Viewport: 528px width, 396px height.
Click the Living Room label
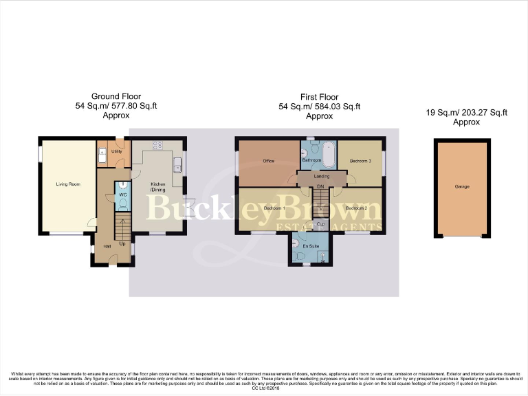67,184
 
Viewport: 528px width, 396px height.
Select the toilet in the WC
122,186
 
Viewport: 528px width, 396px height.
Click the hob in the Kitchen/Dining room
156,145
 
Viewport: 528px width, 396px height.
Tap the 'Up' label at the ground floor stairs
122,243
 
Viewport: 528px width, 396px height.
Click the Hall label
107,246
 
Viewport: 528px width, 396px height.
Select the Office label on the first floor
269,161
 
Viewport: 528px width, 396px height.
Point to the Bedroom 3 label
360,161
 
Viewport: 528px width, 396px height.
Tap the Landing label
322,177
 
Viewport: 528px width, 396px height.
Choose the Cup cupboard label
321,224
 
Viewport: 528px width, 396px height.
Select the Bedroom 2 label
356,208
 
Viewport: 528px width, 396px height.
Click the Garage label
461,187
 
